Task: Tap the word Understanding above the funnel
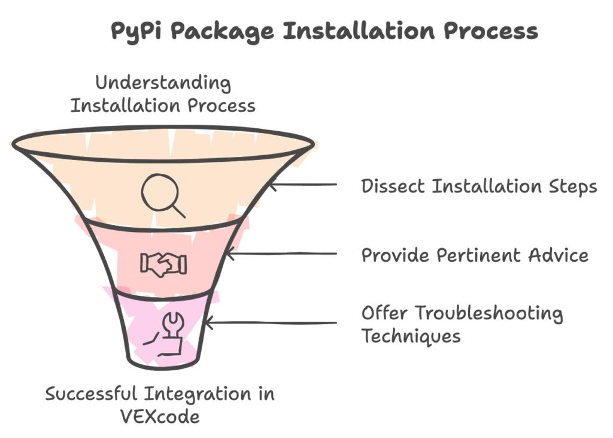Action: coord(163,82)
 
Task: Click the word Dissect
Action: coord(393,186)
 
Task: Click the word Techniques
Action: coord(411,336)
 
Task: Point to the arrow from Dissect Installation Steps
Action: coord(305,185)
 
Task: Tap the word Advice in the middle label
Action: coord(560,255)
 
